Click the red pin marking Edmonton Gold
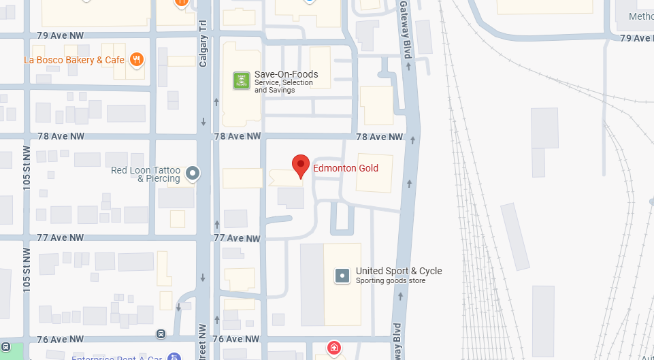[x=301, y=165]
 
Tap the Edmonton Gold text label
[x=345, y=168]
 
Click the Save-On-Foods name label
[x=286, y=74]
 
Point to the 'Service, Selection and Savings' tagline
[x=283, y=86]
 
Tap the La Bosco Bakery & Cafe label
[x=74, y=60]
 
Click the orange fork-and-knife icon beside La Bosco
[x=137, y=60]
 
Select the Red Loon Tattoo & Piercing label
[x=146, y=174]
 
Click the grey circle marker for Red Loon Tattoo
[x=193, y=173]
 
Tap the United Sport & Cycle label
[x=399, y=271]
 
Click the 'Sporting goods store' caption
[x=391, y=280]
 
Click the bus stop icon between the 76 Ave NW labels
[x=161, y=333]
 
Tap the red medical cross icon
[x=333, y=348]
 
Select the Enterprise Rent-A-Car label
[x=118, y=357]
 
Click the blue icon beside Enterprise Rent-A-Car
[x=174, y=356]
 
